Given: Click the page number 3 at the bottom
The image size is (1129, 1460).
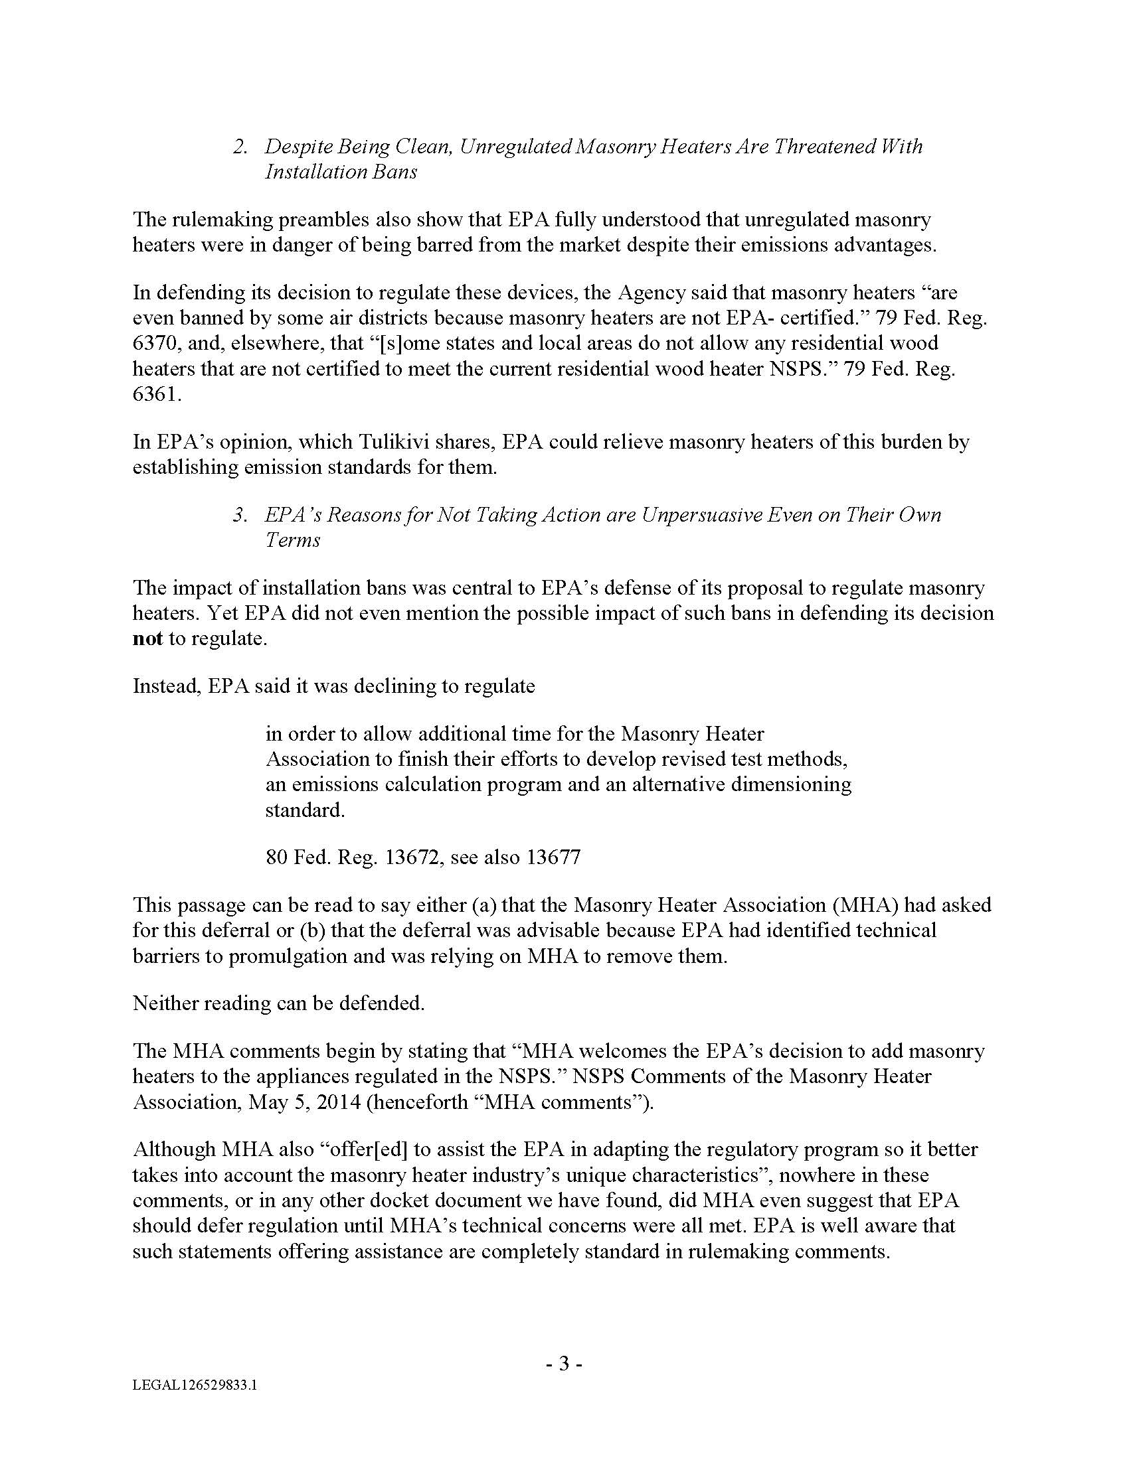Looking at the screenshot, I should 563,1363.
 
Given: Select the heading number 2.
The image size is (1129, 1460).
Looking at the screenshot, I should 240,147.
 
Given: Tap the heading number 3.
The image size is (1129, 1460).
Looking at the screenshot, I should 240,515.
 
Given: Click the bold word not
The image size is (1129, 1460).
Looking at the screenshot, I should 148,638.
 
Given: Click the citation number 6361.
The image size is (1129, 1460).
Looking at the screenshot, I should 157,394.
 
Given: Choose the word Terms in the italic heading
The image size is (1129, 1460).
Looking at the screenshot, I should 292,540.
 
